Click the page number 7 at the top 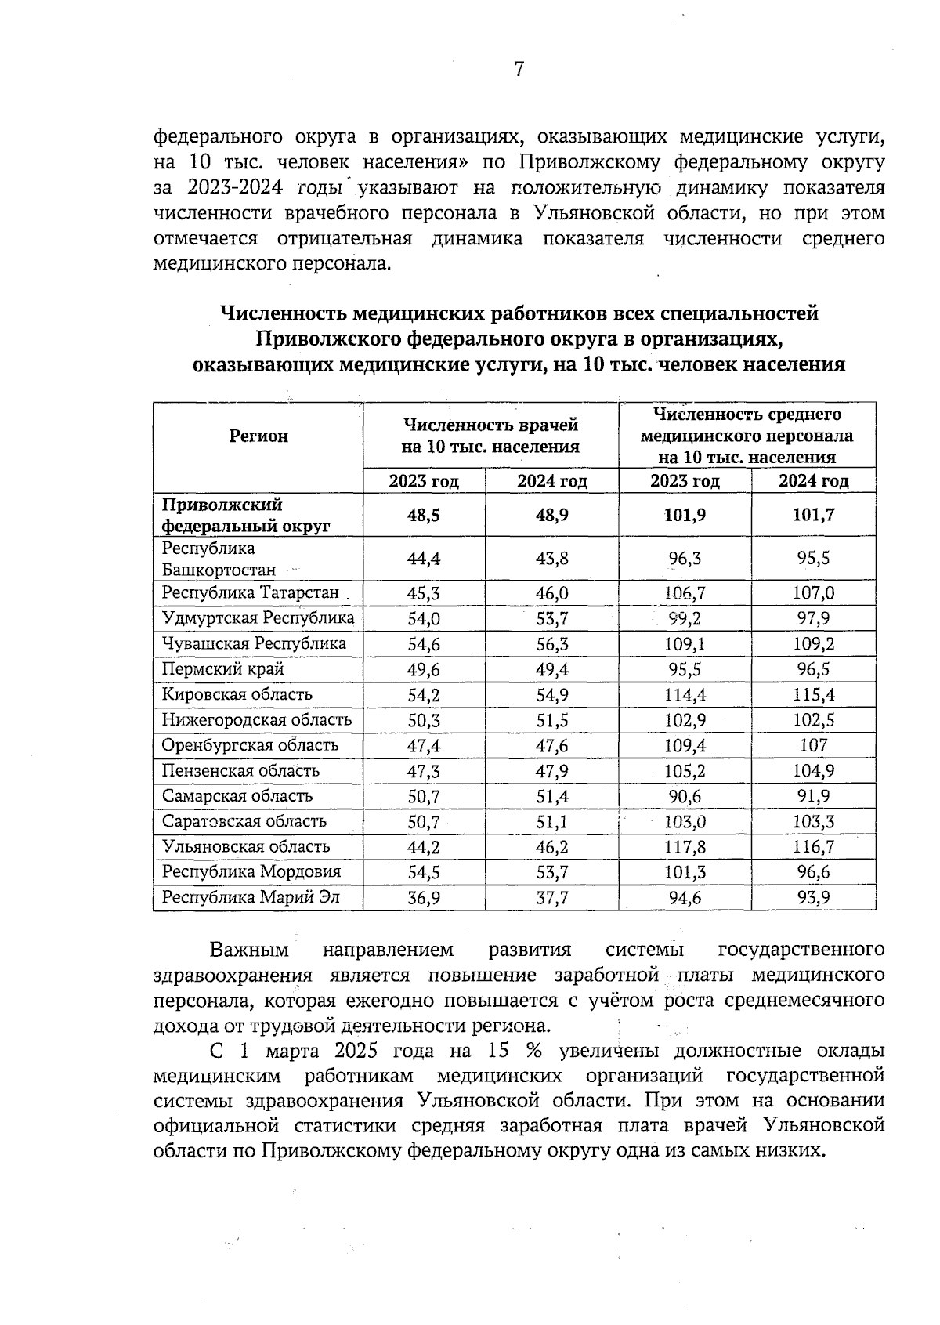coord(519,70)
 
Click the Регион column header coord(258,436)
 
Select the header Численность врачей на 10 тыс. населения coord(490,436)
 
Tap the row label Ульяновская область coord(246,846)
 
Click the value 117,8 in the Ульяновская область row coord(685,846)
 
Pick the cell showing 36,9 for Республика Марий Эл coord(424,897)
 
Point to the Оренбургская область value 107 coord(814,745)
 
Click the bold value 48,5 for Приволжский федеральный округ coord(424,515)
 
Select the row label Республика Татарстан coord(251,593)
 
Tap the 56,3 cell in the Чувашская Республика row coord(552,644)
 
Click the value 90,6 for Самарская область coord(685,796)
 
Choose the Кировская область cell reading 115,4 coord(814,695)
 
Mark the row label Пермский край coord(222,669)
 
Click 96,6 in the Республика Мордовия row coord(814,872)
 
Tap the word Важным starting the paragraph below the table coord(249,950)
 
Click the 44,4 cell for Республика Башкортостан coord(424,559)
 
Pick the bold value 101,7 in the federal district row coord(814,515)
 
